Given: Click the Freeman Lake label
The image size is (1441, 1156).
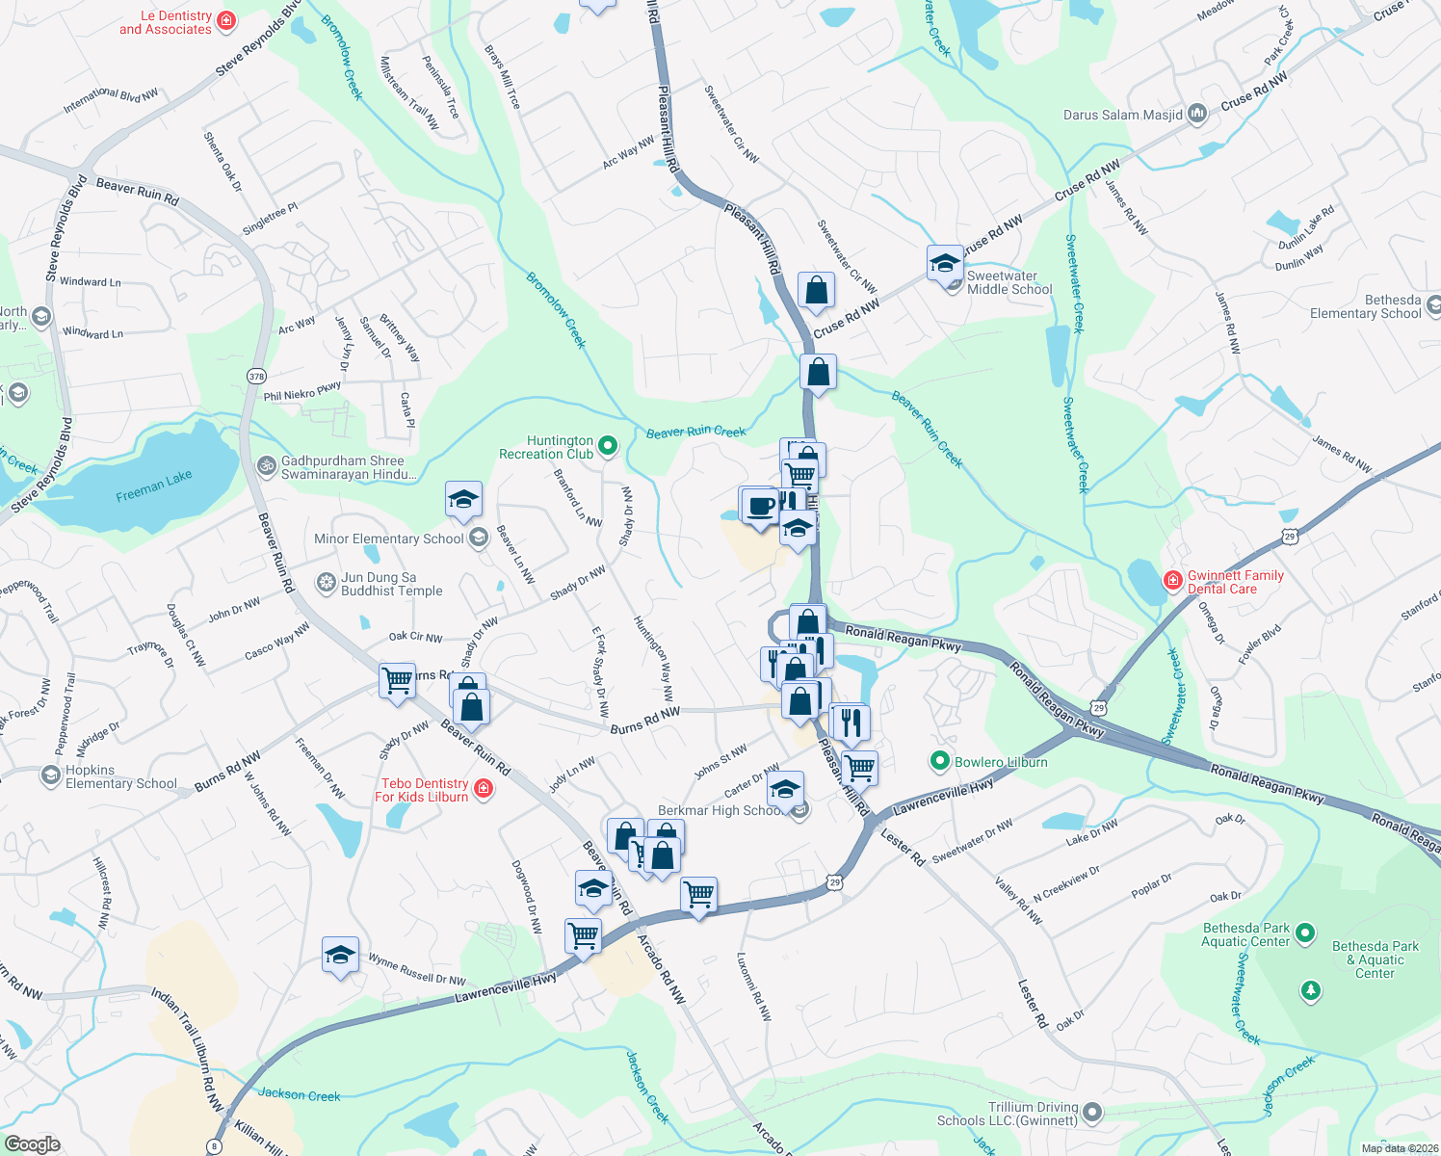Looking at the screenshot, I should pos(154,486).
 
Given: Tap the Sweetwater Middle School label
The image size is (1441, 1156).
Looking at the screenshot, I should pos(1009,282).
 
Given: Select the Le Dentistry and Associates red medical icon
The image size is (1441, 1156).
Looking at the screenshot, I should pos(226,21).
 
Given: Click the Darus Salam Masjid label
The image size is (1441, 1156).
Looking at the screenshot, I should pos(1123,115).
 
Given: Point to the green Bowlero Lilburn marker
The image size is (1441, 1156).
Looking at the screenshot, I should pos(939,762).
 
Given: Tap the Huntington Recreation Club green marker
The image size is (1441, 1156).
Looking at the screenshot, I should pos(607,445).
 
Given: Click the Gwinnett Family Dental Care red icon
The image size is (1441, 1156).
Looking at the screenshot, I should pos(1172,580).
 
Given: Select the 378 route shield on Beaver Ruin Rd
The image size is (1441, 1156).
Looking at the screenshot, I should pos(256,376).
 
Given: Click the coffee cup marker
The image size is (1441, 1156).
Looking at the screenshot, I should pos(760,505).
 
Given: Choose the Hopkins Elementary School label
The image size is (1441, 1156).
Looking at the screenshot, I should pos(121,776).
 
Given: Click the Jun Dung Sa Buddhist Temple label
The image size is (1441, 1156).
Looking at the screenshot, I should pos(392,584).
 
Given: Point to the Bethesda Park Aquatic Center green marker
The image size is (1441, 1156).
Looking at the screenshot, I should pos(1305,933).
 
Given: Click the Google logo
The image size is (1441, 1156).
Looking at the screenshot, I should pos(32,1144).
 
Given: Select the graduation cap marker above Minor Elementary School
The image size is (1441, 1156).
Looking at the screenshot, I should pos(463,500).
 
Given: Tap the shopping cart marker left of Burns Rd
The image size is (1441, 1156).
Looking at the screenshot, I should pos(397,680).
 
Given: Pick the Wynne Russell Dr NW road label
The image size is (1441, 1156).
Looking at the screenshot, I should pos(417,969).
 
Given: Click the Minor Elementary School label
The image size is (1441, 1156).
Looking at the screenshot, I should pos(389,539).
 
